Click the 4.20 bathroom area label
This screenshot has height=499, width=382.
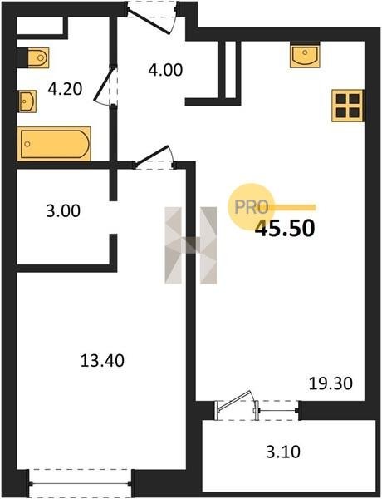pos(65,89)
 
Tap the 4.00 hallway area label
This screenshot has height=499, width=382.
pos(165,70)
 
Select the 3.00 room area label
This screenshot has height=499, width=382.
pos(63,210)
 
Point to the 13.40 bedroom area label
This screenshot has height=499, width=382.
pos(102,361)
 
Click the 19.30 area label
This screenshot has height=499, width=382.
pos(331,383)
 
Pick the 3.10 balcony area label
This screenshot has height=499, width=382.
pos(283,452)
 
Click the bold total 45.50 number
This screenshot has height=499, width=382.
pos(285,228)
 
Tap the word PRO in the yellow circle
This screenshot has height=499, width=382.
pos(252,207)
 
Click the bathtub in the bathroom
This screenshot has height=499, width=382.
pos(54,144)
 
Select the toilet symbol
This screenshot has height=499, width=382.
pos(33,57)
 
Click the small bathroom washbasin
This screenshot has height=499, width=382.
pos(27,101)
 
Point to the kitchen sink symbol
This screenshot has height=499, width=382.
pos(305,57)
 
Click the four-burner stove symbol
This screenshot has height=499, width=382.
pos(348,106)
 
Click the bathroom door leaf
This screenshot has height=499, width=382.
pos(104,84)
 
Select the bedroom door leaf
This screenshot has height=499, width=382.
pos(151,156)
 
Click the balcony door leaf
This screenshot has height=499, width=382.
pos(234,399)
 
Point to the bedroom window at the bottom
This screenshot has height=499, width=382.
pos(80,483)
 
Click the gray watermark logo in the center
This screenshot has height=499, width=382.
pos(191,245)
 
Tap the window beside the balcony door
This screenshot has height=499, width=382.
pos(277,411)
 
